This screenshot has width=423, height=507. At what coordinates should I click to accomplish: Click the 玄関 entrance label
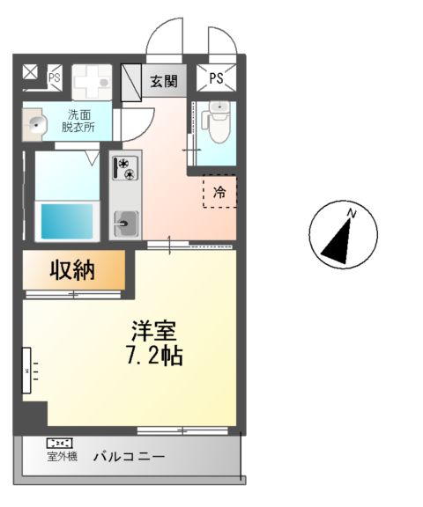click(x=163, y=82)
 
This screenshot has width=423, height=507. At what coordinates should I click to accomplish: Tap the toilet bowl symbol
click(x=217, y=118)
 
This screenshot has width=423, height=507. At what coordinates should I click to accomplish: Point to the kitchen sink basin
click(x=123, y=223)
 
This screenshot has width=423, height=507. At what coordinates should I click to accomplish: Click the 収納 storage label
click(x=72, y=270)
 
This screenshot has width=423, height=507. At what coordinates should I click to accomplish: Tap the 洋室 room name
click(x=153, y=332)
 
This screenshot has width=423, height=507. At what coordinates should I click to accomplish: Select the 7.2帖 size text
click(x=153, y=357)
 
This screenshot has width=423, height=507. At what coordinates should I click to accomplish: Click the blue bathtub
click(x=67, y=223)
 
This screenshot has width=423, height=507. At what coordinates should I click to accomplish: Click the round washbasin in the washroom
click(x=35, y=124)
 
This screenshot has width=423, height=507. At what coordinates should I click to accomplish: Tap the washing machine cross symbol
click(x=89, y=84)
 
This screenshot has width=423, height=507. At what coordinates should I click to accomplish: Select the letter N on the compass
click(x=351, y=213)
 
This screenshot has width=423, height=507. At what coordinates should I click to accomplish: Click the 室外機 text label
click(x=62, y=458)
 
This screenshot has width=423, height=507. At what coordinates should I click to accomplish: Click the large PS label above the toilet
click(x=216, y=79)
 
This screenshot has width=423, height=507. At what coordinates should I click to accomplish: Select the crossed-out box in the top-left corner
click(x=31, y=72)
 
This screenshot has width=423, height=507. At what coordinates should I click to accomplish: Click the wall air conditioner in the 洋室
click(x=26, y=371)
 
